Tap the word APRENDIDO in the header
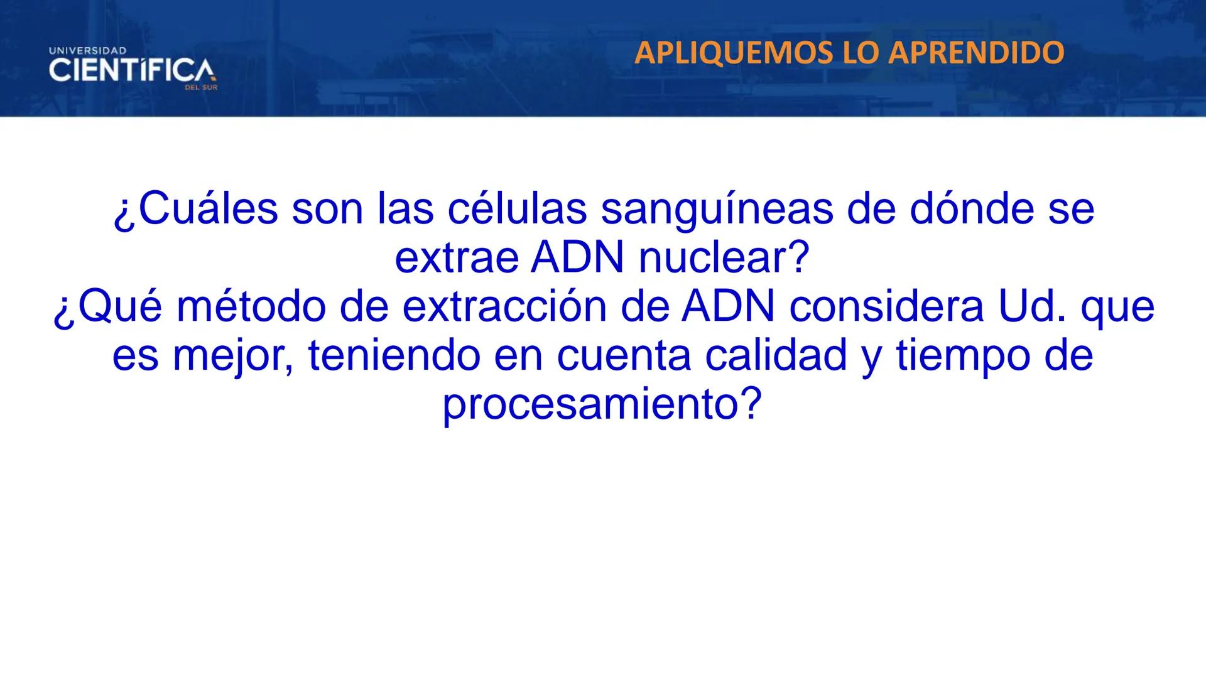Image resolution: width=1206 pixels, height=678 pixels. (977, 53)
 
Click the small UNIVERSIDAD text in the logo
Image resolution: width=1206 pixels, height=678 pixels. (87, 50)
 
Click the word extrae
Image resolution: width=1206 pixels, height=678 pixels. (457, 258)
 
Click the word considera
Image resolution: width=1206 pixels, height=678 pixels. (886, 307)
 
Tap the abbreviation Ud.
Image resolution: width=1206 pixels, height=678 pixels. (1031, 307)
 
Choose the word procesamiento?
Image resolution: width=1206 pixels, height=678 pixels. (602, 405)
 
